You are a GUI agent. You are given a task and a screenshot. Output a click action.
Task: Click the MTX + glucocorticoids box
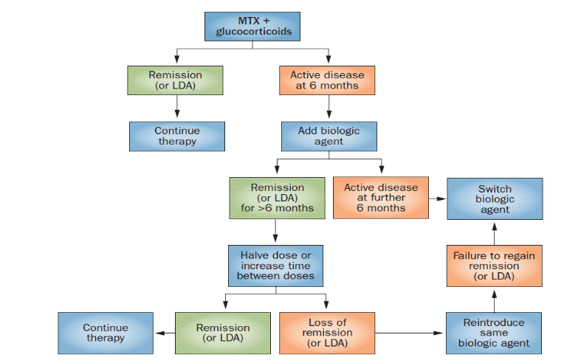click(252, 26)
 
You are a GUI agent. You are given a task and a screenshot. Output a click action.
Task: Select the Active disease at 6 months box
click(328, 80)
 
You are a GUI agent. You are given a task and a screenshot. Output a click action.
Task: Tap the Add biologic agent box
click(329, 136)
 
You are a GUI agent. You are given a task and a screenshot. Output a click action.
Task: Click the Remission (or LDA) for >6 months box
click(277, 198)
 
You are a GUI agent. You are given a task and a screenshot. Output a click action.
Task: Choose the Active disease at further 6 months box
click(381, 198)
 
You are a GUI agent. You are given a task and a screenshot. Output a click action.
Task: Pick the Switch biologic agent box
click(494, 199)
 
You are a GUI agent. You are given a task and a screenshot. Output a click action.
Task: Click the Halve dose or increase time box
click(276, 266)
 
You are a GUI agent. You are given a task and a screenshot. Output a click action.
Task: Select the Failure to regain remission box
click(494, 266)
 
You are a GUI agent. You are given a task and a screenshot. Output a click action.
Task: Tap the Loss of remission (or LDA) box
click(327, 333)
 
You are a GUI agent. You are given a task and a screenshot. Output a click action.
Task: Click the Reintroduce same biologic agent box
click(494, 333)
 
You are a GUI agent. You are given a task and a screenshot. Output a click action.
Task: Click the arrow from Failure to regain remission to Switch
click(494, 233)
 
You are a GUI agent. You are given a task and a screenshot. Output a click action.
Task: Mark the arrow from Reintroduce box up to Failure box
click(494, 300)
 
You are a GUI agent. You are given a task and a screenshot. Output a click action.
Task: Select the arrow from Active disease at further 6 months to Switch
click(438, 198)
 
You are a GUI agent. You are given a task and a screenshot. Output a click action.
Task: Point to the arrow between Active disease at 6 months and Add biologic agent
click(329, 108)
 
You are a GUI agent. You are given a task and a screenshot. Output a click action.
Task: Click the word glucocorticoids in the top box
click(254, 32)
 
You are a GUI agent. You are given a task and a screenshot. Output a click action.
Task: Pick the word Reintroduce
click(494, 322)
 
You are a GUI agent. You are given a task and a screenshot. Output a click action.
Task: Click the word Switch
click(494, 189)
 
